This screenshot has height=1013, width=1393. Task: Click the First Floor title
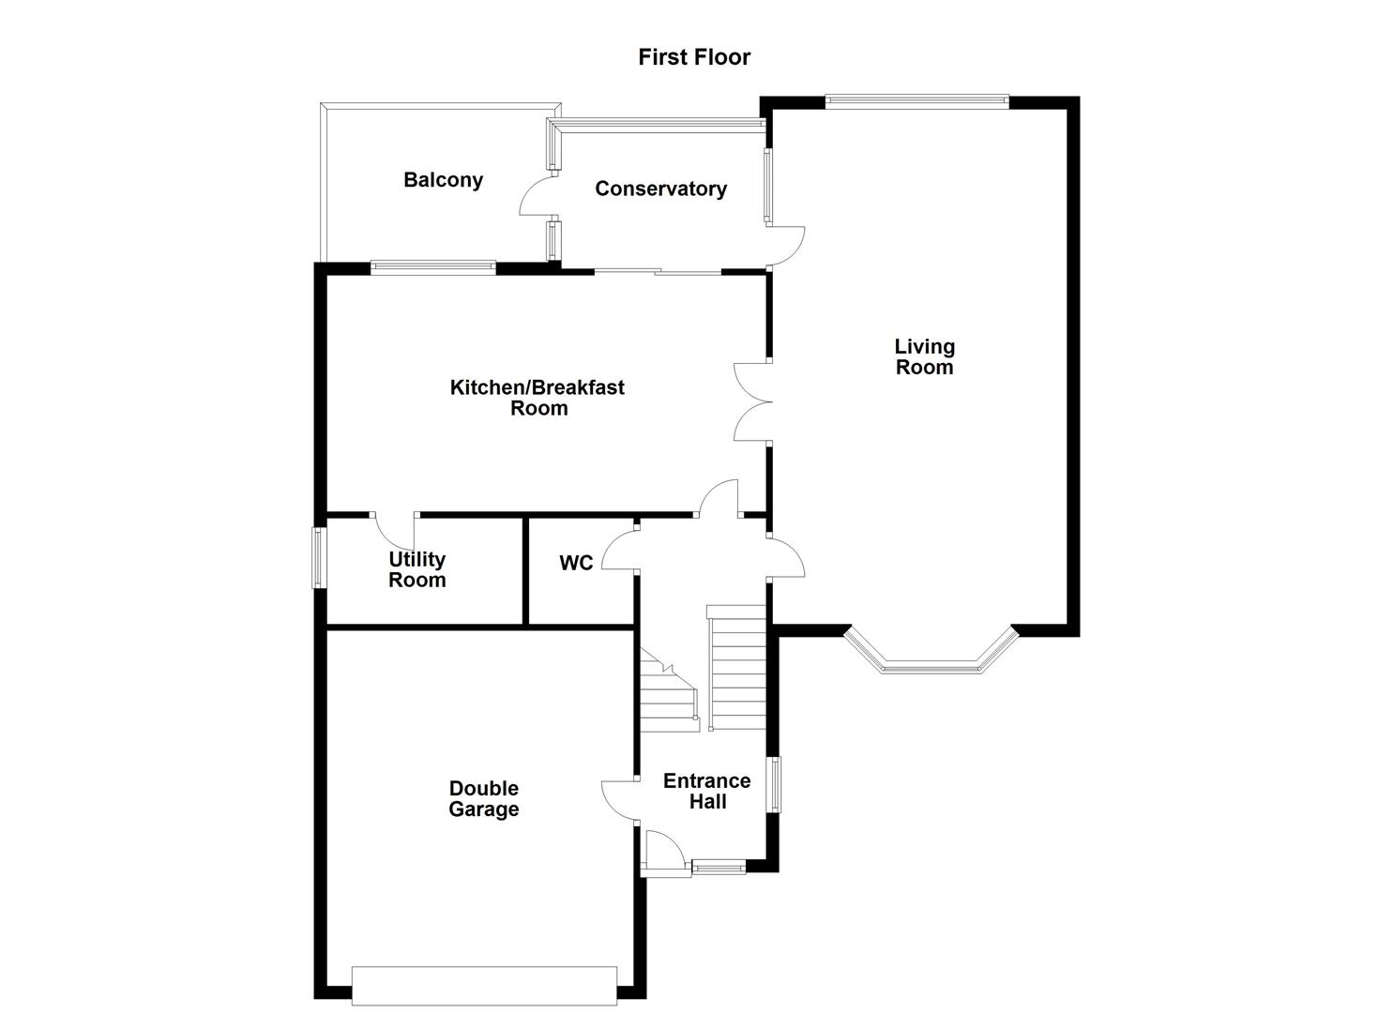pyautogui.click(x=694, y=57)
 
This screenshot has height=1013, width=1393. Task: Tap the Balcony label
pyautogui.click(x=443, y=180)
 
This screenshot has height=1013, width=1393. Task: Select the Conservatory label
pyautogui.click(x=660, y=189)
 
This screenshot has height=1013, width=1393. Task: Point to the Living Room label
pyautogui.click(x=924, y=357)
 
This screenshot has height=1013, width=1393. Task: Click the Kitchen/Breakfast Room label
pyautogui.click(x=538, y=398)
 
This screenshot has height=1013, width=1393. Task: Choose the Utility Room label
pyautogui.click(x=417, y=569)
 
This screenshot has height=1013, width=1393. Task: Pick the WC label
pyautogui.click(x=576, y=563)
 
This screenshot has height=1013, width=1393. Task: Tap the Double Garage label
pyautogui.click(x=484, y=799)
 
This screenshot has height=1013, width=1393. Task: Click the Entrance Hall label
pyautogui.click(x=707, y=791)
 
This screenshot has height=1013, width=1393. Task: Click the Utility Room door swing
pyautogui.click(x=395, y=532)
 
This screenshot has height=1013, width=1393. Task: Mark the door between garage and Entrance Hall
pyautogui.click(x=620, y=800)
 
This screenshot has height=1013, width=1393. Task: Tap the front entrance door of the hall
pyautogui.click(x=665, y=853)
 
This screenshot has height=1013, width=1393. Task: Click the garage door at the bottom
pyautogui.click(x=484, y=985)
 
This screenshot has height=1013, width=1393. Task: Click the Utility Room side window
pyautogui.click(x=319, y=558)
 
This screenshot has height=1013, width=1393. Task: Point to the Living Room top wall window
pyautogui.click(x=916, y=99)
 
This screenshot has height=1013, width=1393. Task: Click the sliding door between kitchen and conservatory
pyautogui.click(x=657, y=272)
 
